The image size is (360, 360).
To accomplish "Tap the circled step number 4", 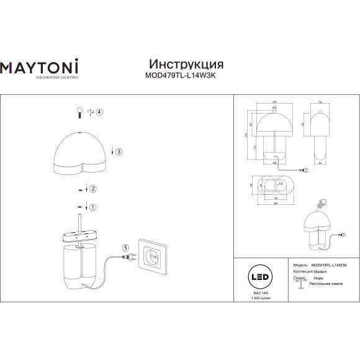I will (x=99, y=112).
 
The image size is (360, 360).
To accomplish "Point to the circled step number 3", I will (x=119, y=151).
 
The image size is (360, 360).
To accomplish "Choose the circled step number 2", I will (x=93, y=189).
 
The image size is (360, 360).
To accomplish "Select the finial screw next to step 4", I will (x=79, y=112).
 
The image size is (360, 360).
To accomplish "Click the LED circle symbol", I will (x=253, y=275).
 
